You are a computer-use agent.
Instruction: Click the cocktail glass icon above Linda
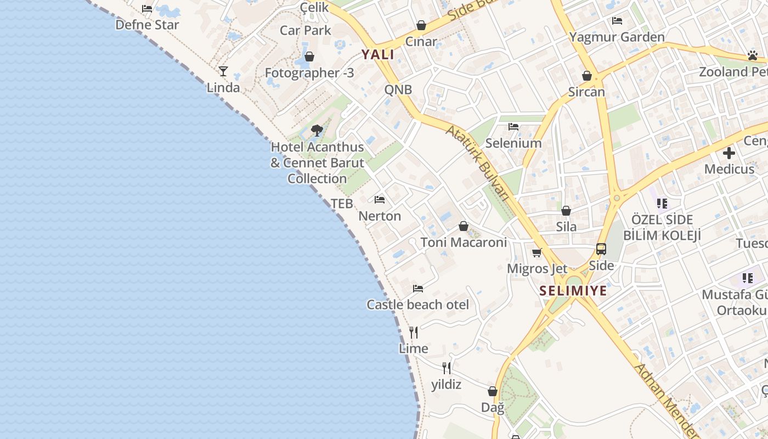(x=223, y=71)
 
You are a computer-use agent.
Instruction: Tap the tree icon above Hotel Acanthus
(x=317, y=131)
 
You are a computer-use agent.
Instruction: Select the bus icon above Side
(x=601, y=249)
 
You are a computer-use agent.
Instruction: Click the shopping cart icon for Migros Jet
(x=537, y=252)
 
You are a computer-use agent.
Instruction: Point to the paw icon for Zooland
(x=752, y=55)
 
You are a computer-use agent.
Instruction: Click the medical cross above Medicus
(x=729, y=153)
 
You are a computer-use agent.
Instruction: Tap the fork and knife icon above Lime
(x=414, y=333)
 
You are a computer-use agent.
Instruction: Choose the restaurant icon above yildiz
(x=447, y=368)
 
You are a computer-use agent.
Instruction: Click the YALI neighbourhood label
(x=378, y=55)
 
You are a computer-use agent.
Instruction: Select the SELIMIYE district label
(x=573, y=291)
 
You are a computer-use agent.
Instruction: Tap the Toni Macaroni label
(x=464, y=242)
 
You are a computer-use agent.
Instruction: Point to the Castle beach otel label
(x=418, y=305)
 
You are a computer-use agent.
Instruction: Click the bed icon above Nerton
(x=380, y=200)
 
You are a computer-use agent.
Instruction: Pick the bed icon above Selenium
(x=513, y=127)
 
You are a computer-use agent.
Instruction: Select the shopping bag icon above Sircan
(x=587, y=76)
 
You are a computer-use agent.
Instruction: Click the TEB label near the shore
(x=342, y=204)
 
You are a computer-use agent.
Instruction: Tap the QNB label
(x=398, y=89)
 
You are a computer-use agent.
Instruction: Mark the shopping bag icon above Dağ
(x=493, y=391)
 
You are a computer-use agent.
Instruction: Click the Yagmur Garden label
(x=617, y=37)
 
